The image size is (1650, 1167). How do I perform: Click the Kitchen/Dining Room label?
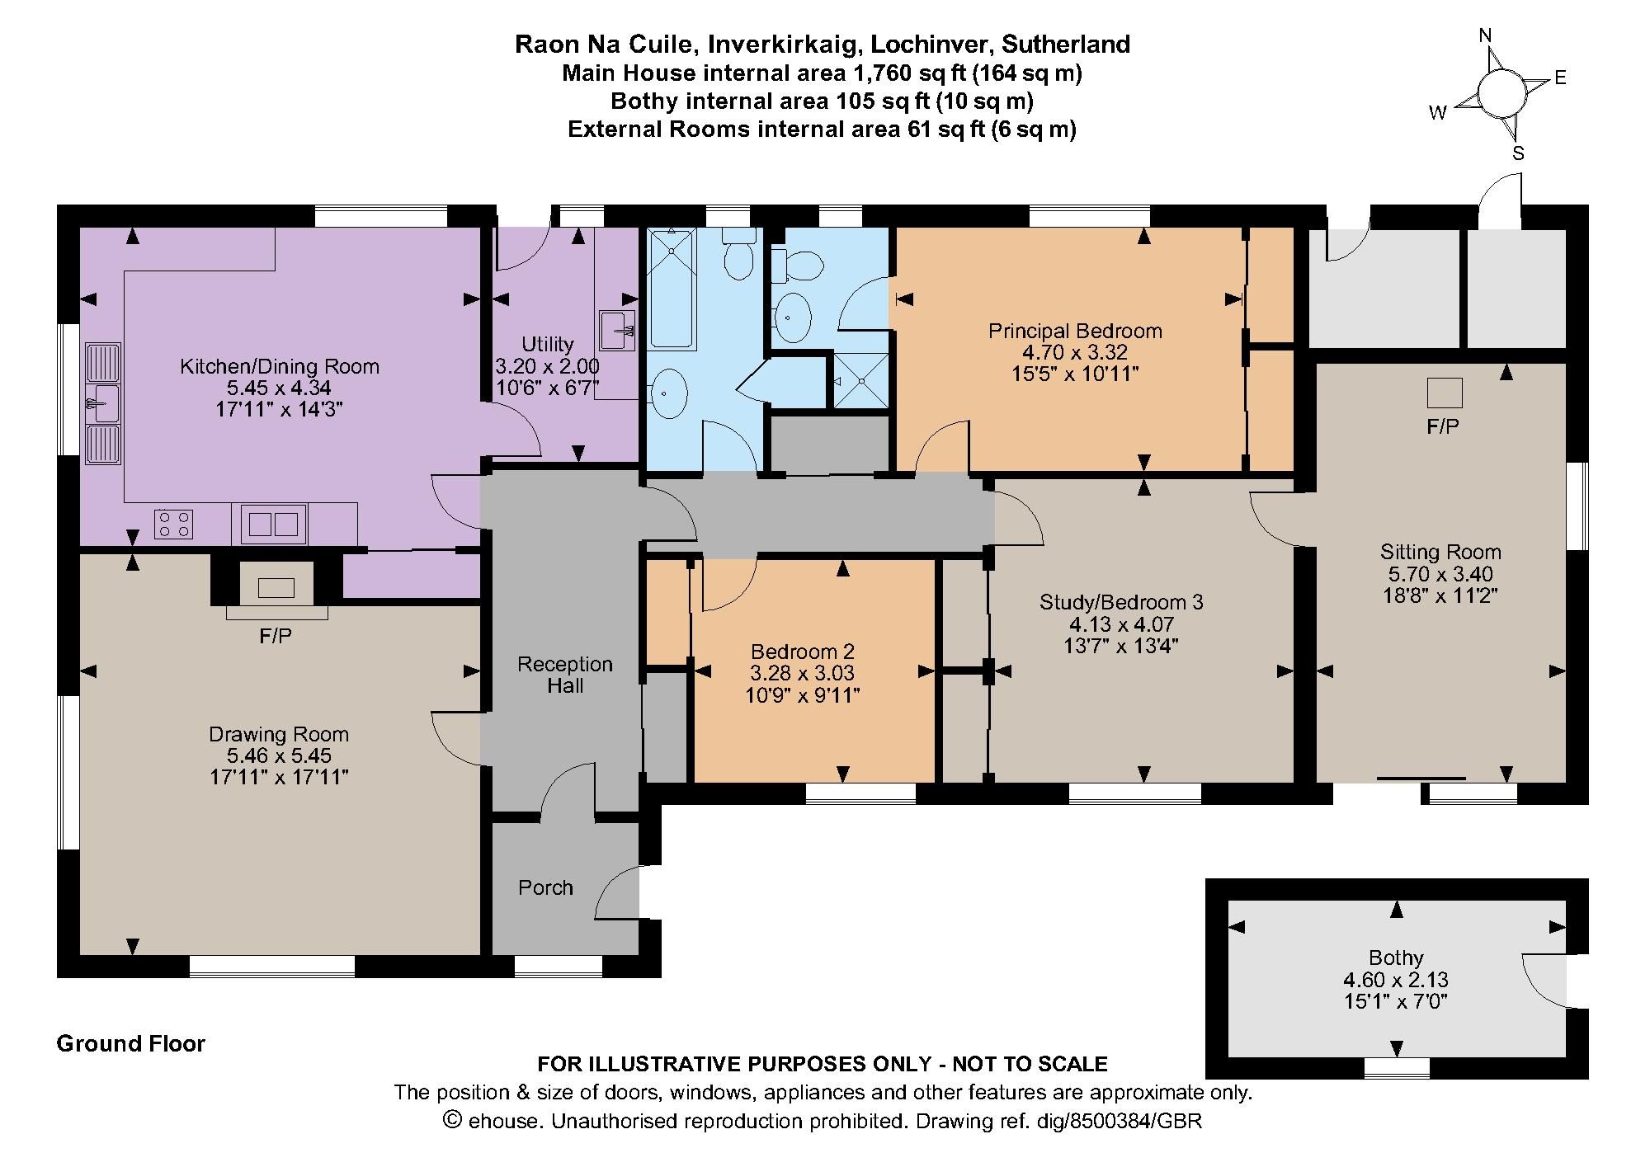[x=280, y=366]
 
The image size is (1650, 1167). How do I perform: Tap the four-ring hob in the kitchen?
[x=173, y=524]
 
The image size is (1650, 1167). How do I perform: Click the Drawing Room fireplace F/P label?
[x=275, y=636]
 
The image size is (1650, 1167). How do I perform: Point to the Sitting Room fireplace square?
[x=1444, y=393]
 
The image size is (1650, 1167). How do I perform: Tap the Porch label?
[x=545, y=887]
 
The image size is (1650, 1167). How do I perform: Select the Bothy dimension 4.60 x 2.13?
[x=1396, y=980]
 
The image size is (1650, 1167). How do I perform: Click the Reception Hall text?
[x=565, y=675]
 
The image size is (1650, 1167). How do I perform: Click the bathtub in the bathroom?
[x=671, y=289]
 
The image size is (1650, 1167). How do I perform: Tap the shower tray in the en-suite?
[x=861, y=380]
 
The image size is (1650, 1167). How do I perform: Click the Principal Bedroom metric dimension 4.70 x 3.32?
[x=1074, y=352]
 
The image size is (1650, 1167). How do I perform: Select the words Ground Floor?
[x=130, y=1044]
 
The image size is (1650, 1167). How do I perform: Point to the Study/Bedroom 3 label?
[x=1121, y=602]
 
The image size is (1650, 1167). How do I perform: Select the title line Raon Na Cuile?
[x=822, y=44]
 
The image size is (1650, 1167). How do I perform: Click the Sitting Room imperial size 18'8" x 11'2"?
[x=1440, y=595]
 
